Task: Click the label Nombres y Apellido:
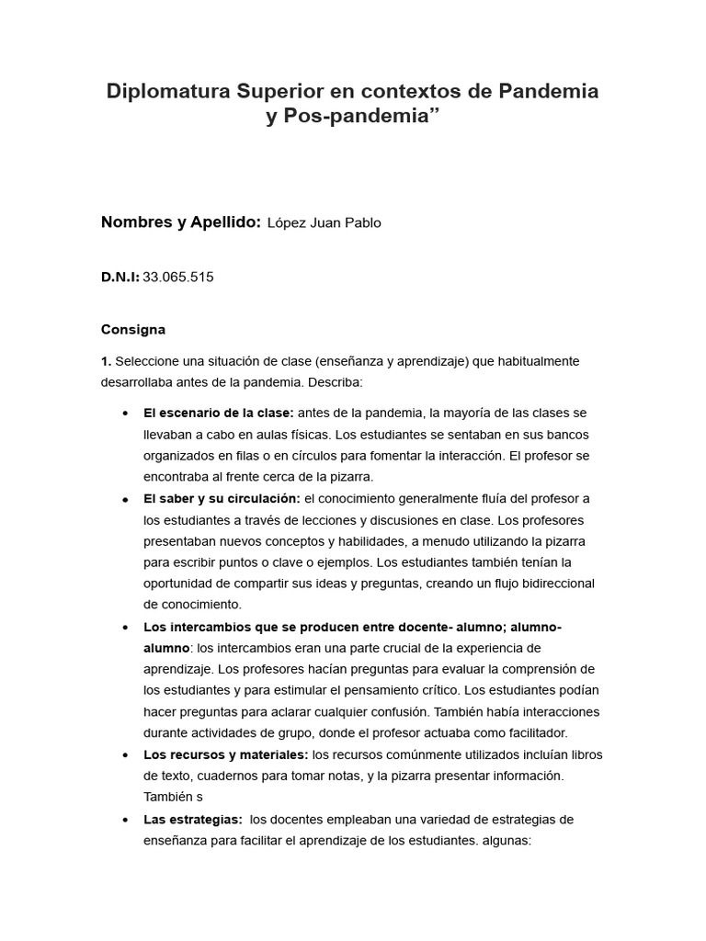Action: (181, 222)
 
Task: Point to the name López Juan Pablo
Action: (324, 223)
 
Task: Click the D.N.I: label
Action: (120, 276)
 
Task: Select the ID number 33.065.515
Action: (178, 276)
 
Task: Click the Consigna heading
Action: (132, 328)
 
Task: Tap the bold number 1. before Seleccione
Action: (106, 361)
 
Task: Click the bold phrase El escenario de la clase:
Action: (219, 413)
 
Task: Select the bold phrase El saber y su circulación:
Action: (222, 498)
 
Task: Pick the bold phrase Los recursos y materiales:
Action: (226, 754)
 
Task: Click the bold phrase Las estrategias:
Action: (193, 819)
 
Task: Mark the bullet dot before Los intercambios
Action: (124, 628)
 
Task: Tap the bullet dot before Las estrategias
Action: (124, 820)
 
